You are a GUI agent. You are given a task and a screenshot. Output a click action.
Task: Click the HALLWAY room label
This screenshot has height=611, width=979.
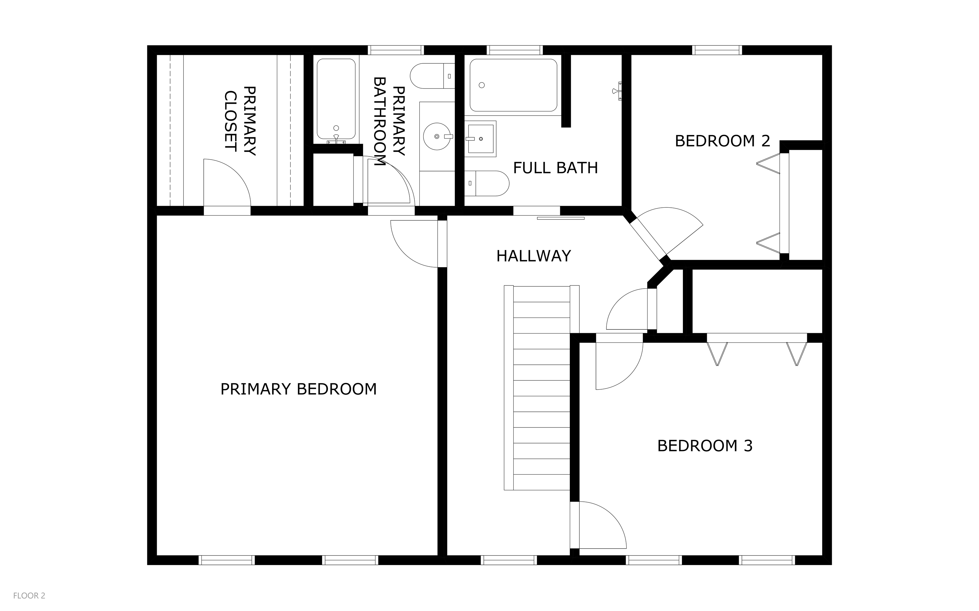(x=533, y=256)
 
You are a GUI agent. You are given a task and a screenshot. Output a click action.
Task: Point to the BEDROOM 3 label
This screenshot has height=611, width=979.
(x=705, y=445)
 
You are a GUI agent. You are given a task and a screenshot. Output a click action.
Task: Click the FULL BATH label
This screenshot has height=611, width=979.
(x=555, y=168)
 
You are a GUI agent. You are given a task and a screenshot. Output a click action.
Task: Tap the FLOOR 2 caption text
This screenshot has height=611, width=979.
(x=29, y=596)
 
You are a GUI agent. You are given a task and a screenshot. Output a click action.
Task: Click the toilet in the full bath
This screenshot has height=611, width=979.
(x=487, y=183)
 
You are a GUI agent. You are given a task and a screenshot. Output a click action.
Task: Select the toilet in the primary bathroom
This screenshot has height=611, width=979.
(x=432, y=76)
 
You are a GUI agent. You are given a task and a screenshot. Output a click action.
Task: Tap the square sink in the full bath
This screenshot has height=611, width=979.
(x=480, y=139)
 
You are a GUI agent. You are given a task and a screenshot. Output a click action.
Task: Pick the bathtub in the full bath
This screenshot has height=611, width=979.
(x=513, y=85)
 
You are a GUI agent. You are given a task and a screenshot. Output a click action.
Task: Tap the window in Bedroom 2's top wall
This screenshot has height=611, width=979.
(x=717, y=50)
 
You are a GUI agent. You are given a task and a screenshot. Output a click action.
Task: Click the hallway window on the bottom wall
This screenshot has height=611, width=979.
(x=509, y=560)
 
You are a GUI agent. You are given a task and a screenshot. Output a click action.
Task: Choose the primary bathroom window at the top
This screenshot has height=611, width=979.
(x=396, y=50)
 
